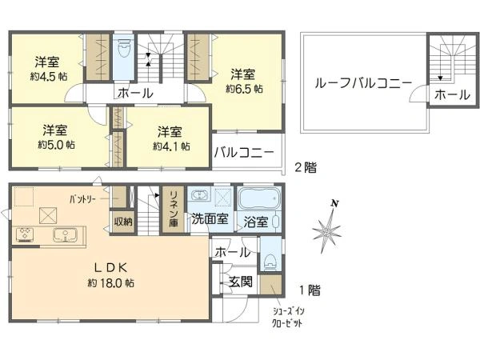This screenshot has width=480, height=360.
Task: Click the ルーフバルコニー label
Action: pos(363,83)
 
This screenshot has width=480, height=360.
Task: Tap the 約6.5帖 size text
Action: pos(244,89)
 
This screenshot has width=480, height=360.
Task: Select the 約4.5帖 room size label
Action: pos(49,76)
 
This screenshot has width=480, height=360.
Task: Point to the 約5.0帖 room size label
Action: pos(56,145)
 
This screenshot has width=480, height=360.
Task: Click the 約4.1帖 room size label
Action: pos(171,146)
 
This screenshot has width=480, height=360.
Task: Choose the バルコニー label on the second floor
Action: pos(244,152)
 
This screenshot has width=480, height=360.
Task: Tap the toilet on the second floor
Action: pos(124,49)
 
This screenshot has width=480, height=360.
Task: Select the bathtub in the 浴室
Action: pos(259,198)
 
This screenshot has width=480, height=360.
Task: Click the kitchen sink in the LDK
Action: pos(66,235)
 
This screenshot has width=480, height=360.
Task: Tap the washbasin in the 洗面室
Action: pos(199,195)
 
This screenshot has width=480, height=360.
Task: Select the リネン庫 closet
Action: pos(174,210)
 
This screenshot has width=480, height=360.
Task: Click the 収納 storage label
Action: pos(123,222)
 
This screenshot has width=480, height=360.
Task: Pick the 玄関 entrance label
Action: pos(242,282)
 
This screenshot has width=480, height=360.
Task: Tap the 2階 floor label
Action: pos(306,168)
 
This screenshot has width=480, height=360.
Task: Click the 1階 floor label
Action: pos(310,290)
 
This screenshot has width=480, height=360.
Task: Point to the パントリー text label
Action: pos(82,199)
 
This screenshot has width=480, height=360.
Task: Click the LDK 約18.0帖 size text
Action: pos(111,282)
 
